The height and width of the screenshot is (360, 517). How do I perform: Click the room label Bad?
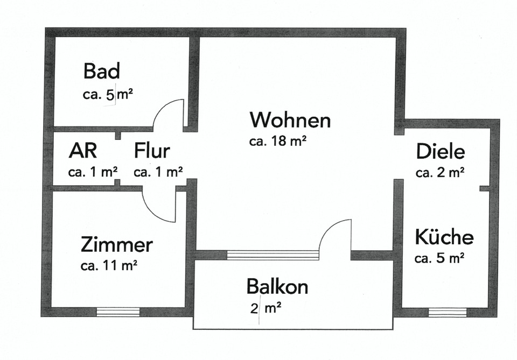point(101,71)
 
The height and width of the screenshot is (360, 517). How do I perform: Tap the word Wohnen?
point(290,119)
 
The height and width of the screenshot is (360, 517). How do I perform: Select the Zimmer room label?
point(116,245)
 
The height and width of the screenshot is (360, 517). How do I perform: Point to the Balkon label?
point(277,287)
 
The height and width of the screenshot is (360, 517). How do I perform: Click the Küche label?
point(444,237)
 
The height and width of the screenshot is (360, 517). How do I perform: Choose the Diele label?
point(440,152)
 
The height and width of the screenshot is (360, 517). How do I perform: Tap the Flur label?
point(152,151)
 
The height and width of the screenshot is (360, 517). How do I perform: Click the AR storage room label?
point(83,151)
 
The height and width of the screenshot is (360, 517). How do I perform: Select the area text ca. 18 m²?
point(278,142)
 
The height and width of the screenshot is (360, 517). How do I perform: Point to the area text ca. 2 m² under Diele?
point(440,173)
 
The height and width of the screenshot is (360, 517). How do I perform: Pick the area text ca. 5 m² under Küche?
point(439,258)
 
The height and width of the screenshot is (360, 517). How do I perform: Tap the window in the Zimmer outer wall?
point(118,312)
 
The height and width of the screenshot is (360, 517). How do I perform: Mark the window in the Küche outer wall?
point(448,312)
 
